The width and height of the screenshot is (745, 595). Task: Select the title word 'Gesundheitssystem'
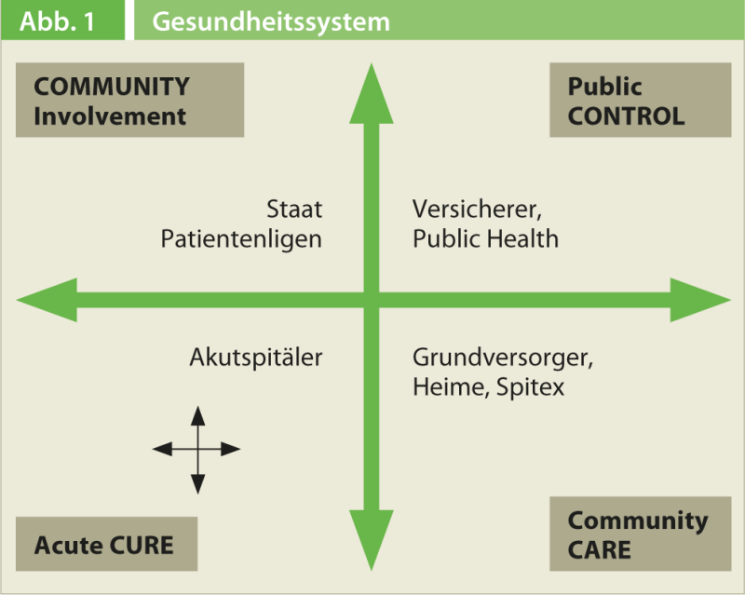click(x=271, y=21)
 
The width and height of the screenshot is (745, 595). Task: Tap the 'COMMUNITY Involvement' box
click(x=129, y=101)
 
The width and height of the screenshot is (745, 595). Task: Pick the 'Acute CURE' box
click(x=106, y=544)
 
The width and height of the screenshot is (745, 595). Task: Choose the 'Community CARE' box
click(x=640, y=534)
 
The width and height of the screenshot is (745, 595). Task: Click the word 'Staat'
click(x=294, y=209)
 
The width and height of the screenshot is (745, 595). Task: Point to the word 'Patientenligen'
click(x=241, y=238)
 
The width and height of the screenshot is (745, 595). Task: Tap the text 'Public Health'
click(x=485, y=238)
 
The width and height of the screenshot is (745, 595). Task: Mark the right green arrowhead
click(x=703, y=300)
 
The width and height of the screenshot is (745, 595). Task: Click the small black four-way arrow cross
click(x=196, y=449)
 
